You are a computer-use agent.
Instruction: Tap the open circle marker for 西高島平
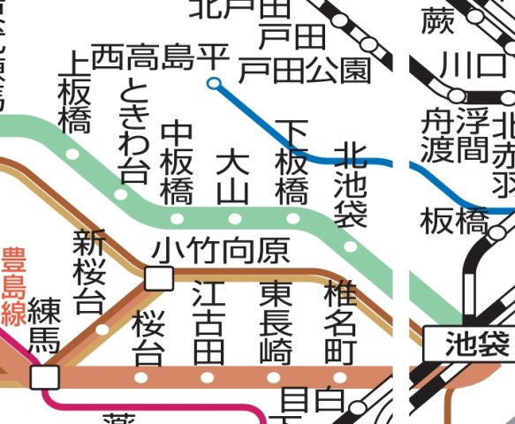[x=213, y=84]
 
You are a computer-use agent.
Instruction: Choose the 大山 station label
[x=233, y=178]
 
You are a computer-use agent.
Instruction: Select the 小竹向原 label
[x=221, y=252]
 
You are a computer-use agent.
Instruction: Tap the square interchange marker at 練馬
[x=44, y=377]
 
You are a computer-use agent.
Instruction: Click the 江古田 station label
[x=209, y=322]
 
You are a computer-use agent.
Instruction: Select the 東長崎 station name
[x=276, y=322]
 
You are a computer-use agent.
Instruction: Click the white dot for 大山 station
[x=235, y=218]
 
